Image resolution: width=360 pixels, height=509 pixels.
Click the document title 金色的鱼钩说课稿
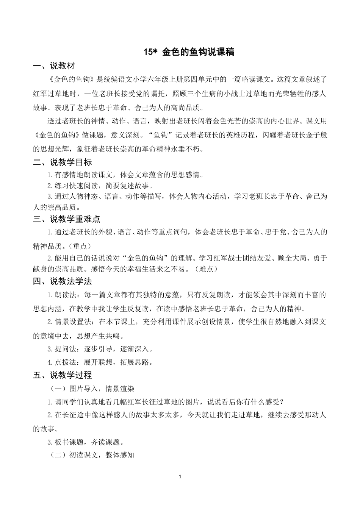[x=198, y=52]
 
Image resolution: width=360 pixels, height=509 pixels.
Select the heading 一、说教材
[x=54, y=66]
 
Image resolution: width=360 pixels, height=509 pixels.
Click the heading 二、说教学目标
[x=63, y=162]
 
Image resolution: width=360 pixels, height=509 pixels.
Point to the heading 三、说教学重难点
[x=67, y=219]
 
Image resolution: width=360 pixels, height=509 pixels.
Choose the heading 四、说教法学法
[x=63, y=281]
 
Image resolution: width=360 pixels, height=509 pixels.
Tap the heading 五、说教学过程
[x=63, y=375]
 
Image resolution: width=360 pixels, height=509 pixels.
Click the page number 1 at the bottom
[x=180, y=477]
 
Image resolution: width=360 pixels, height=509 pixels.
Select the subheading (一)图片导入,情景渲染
[x=92, y=389]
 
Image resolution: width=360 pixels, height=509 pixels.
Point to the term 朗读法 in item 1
[x=64, y=295]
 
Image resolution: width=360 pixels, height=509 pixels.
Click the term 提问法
[x=64, y=349]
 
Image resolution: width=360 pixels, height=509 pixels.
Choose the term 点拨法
[x=64, y=362]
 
